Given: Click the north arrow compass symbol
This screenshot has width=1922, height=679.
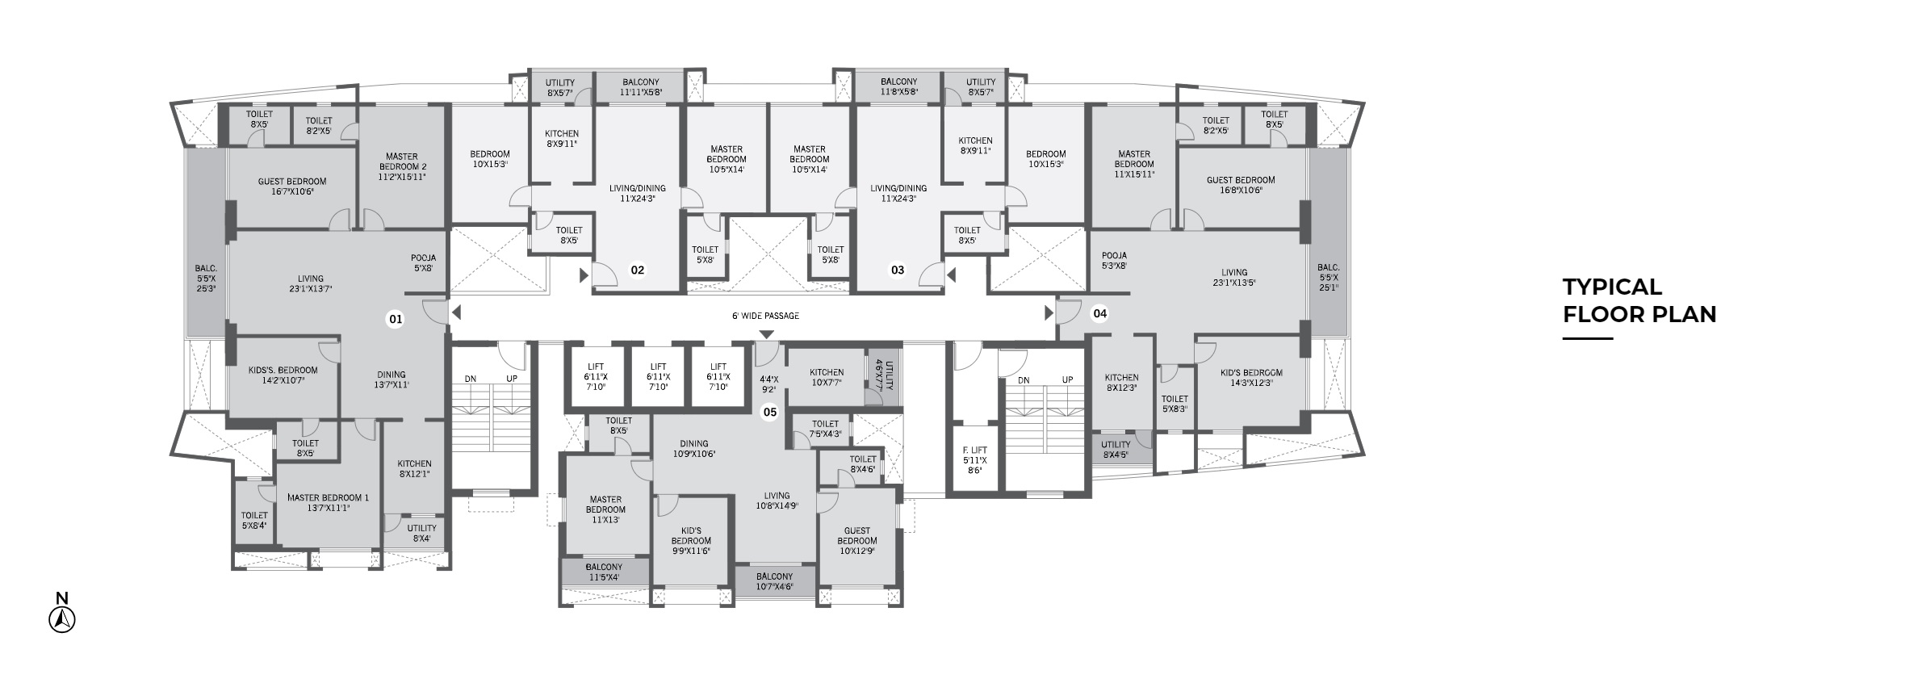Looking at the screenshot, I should [62, 619].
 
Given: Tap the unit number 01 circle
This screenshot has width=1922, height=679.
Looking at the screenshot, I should [396, 320].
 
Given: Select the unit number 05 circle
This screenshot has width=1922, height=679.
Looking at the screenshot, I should [770, 413].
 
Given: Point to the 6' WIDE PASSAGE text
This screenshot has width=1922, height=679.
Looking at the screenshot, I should [765, 316].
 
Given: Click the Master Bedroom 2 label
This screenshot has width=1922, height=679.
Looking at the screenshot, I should [401, 166].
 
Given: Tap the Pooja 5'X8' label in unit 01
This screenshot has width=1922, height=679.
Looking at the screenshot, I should [424, 263].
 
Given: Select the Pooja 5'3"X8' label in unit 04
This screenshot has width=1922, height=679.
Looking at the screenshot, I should [1114, 260].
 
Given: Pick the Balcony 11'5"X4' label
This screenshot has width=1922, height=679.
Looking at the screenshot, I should [604, 572].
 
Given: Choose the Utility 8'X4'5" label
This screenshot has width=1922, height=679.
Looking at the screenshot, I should [1116, 450].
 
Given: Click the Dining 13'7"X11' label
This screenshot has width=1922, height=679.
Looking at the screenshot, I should [392, 379].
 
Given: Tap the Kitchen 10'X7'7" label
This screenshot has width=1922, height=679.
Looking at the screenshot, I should [827, 378].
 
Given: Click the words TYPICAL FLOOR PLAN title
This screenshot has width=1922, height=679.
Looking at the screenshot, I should [1639, 300].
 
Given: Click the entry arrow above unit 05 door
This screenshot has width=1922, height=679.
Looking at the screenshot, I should [766, 334].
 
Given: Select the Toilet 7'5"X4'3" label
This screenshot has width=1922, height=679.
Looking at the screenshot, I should [825, 429].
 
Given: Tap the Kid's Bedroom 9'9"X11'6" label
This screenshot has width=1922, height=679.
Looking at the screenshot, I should [691, 541].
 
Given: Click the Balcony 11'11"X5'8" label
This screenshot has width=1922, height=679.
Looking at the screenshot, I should [640, 87].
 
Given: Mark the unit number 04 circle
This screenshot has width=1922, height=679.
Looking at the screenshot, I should [1099, 313].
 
